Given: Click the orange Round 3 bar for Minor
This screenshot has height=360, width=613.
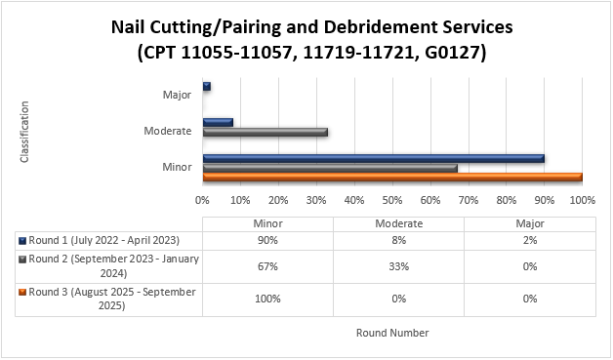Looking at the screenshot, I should pyautogui.click(x=392, y=177).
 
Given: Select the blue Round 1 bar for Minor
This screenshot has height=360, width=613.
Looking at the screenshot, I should pyautogui.click(x=373, y=158).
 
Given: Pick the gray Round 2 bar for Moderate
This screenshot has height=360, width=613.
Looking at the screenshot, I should pyautogui.click(x=265, y=132).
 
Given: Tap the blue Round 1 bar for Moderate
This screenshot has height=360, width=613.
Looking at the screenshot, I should pyautogui.click(x=218, y=122).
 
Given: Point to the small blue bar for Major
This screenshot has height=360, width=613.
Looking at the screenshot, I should pyautogui.click(x=207, y=87).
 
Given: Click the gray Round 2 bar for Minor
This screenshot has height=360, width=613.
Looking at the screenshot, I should pyautogui.click(x=330, y=168).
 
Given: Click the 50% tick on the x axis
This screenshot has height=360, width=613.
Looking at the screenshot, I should pyautogui.click(x=392, y=201).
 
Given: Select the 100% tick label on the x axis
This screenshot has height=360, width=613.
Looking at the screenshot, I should pyautogui.click(x=582, y=201).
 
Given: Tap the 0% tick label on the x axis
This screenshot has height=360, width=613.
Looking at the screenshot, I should pyautogui.click(x=203, y=201).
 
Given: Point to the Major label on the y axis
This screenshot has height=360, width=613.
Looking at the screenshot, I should pyautogui.click(x=177, y=96).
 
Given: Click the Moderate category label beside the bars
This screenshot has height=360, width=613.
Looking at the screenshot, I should pyautogui.click(x=167, y=131).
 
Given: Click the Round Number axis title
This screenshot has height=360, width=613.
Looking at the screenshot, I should pyautogui.click(x=392, y=333).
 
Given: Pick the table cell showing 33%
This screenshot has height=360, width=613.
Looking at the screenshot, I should pyautogui.click(x=398, y=266).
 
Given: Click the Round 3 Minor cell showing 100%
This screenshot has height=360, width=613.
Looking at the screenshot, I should pyautogui.click(x=267, y=299).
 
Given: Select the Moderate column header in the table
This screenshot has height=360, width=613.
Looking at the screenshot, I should pyautogui.click(x=398, y=223).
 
